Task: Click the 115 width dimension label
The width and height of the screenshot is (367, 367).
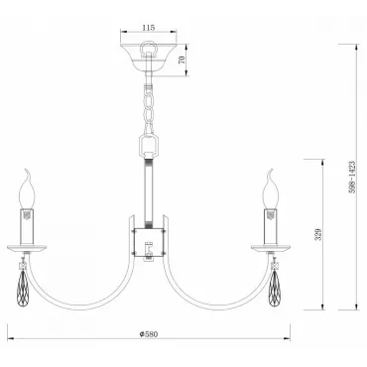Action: [149, 28]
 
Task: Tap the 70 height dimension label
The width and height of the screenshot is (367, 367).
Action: [182, 60]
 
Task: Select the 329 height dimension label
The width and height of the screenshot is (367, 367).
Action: [318, 234]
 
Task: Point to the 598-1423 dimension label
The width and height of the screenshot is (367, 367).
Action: [352, 178]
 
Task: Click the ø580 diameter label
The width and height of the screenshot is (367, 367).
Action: [149, 334]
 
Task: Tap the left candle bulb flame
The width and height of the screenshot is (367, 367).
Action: [27, 189]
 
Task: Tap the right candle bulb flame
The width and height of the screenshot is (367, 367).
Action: [271, 189]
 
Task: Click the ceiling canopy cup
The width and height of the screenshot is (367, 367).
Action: [149, 58]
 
